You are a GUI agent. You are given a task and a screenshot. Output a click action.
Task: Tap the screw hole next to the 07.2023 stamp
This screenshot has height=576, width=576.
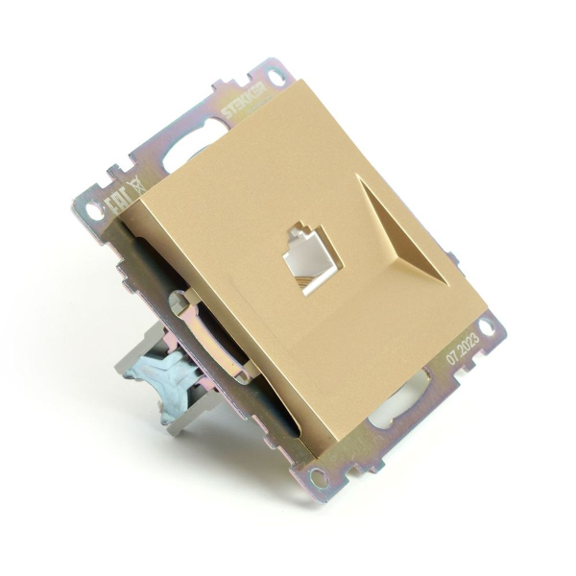point(489,327)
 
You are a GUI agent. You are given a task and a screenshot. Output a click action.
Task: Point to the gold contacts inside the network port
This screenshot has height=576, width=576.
point(311,273)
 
